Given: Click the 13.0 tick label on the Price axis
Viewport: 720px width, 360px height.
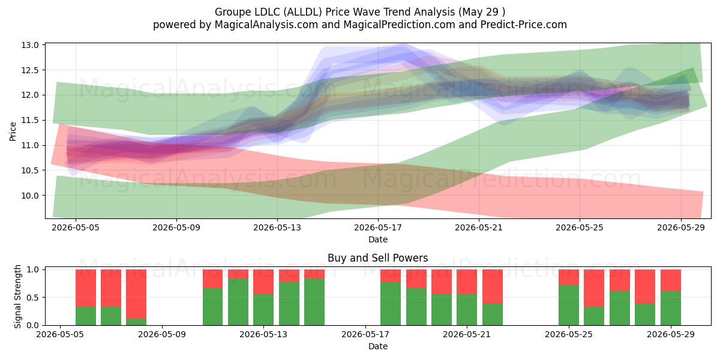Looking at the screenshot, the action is click(x=30, y=45).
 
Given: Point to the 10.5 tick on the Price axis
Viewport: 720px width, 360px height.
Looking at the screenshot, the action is click(x=30, y=170).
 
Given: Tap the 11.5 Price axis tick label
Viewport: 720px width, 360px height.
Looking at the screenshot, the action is click(x=30, y=120).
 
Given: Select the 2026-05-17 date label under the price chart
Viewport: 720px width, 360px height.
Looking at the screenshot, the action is click(x=378, y=227).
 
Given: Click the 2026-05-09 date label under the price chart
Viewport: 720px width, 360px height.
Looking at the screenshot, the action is click(x=176, y=227).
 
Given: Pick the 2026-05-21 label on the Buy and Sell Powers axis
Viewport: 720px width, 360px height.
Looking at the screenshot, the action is click(x=467, y=334).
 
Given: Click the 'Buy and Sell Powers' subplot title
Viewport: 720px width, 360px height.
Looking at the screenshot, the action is click(x=377, y=258).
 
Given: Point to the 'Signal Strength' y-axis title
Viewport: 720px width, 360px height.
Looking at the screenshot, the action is click(x=17, y=296).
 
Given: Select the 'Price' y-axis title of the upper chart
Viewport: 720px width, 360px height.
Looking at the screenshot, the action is click(x=13, y=131).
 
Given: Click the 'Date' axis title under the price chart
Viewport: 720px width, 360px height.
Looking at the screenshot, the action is click(x=378, y=239).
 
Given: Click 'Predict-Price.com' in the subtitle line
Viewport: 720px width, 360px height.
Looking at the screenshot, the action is click(x=524, y=25).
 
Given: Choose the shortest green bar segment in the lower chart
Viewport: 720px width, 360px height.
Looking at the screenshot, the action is click(x=136, y=322).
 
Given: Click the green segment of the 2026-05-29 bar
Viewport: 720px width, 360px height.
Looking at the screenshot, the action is click(x=671, y=308).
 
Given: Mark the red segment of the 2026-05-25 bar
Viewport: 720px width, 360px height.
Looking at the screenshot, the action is click(x=569, y=277).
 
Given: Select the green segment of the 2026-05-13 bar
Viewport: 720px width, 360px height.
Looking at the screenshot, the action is click(x=263, y=310).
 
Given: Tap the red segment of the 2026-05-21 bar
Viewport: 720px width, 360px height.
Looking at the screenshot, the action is click(x=467, y=282).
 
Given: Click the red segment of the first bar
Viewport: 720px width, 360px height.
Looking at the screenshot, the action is click(x=86, y=288).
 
